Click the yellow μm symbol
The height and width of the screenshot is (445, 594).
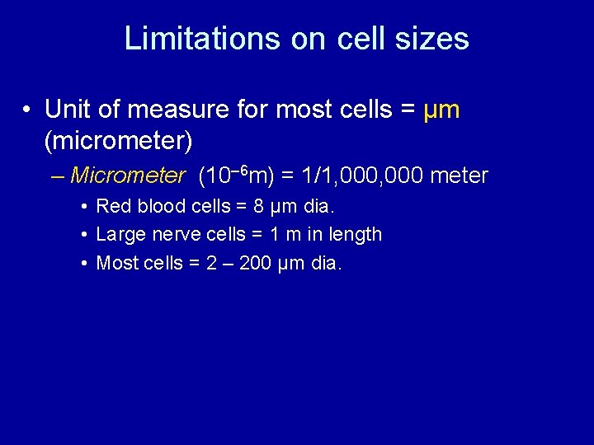(x=441, y=109)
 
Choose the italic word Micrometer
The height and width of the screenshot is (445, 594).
(x=128, y=176)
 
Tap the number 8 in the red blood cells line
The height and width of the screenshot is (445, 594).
(x=259, y=205)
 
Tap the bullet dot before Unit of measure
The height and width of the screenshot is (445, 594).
(x=28, y=110)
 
